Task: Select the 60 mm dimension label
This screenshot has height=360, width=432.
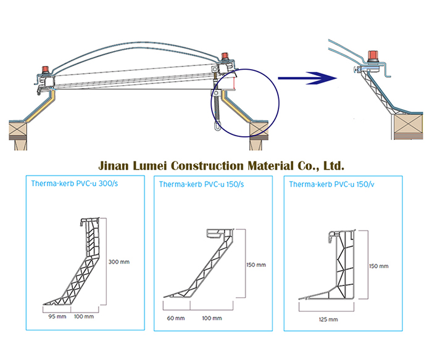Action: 175,319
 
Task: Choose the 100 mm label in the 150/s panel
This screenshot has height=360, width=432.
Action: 212,319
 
